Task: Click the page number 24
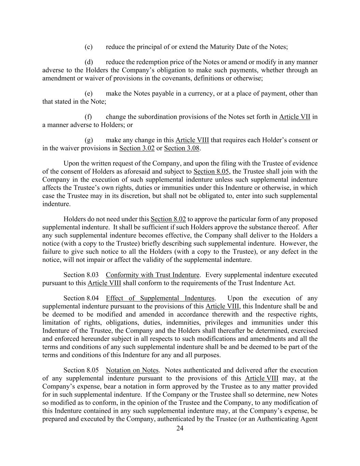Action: pos(180,429)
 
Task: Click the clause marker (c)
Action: pos(88,47)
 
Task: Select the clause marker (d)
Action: pos(89,62)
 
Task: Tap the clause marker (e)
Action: pos(88,94)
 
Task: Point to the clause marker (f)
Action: pos(88,117)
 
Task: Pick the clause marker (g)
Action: pos(89,140)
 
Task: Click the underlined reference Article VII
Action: pos(294,117)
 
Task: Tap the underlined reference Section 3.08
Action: pos(182,148)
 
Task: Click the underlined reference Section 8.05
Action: pos(211,171)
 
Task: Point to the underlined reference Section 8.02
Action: pos(168,219)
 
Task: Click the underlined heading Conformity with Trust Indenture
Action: pos(153,275)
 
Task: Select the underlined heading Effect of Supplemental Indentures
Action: pos(160,298)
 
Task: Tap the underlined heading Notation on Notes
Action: pos(132,370)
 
